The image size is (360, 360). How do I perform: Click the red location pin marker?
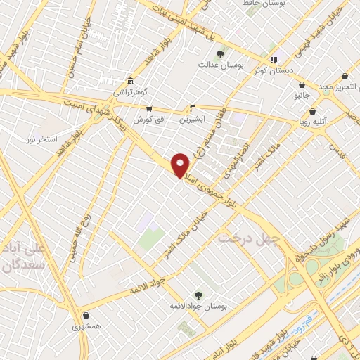point(181,165)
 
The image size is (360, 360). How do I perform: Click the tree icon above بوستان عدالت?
point(221,54)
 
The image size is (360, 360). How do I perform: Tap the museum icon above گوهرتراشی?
point(130,81)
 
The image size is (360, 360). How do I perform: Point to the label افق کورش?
point(149,120)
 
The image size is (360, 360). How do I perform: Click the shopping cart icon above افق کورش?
point(149,109)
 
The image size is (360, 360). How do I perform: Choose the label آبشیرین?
point(193,120)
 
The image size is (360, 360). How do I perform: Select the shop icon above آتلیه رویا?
point(312,111)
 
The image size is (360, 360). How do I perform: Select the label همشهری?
point(86,327)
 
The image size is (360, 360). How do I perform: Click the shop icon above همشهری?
point(86,316)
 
